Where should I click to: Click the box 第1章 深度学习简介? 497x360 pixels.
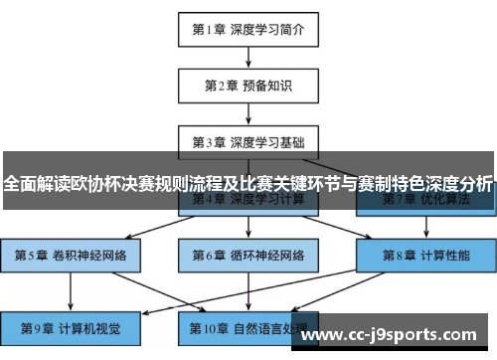pos(248,29)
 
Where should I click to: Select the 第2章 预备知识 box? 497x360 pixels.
pos(248,85)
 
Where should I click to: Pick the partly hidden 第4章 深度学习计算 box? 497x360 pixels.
pos(248,201)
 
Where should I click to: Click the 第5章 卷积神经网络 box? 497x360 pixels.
pos(72,255)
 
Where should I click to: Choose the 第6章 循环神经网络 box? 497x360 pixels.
pos(248,255)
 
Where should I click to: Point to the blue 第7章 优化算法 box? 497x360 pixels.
pos(424,201)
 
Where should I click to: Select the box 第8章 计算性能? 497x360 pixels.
pos(424,255)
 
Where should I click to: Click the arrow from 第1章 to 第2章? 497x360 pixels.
pos(248,57)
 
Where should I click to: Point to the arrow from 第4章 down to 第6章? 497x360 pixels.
pos(248,228)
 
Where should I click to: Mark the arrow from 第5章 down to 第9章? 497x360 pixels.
pos(72,289)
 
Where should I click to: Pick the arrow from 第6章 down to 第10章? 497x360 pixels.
pos(248,289)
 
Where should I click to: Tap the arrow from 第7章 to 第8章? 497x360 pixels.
pos(424,228)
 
